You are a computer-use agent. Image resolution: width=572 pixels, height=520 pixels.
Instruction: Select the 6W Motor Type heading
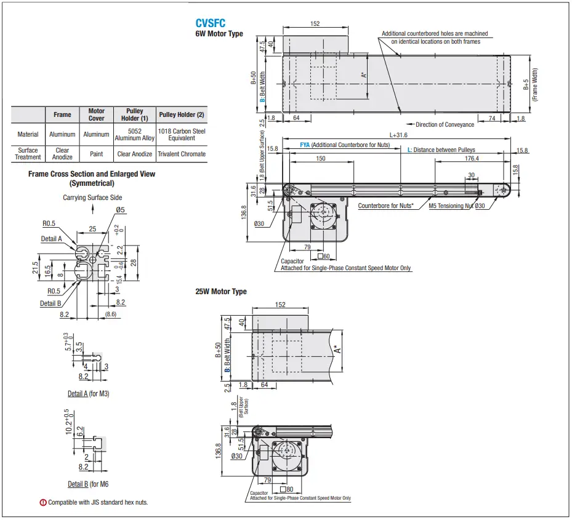point(219,34)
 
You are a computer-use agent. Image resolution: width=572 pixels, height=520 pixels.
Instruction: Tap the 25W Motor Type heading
point(221,292)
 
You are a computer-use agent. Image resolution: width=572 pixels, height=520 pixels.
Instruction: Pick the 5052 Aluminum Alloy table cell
point(135,134)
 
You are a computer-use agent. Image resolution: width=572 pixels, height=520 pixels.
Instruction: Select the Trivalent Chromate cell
point(182,154)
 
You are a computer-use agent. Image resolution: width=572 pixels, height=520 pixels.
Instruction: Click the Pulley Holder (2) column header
point(182,114)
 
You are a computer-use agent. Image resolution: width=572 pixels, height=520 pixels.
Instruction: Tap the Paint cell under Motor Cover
point(96,154)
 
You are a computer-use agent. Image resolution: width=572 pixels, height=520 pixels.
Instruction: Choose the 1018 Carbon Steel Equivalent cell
point(182,134)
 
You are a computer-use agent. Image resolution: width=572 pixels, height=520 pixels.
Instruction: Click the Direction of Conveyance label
point(445,124)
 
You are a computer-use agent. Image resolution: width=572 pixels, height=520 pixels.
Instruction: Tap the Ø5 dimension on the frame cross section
point(120,210)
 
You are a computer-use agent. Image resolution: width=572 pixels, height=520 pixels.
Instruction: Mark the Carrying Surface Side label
point(92,198)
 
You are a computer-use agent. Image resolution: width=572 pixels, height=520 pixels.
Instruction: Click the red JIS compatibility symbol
point(43,503)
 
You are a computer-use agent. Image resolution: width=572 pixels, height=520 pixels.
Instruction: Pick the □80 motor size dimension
point(286,490)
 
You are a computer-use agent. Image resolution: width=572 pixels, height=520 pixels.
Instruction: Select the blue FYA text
point(304,145)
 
